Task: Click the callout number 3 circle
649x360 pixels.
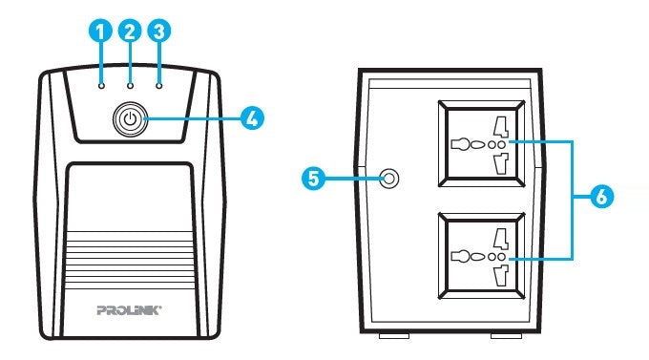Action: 158,31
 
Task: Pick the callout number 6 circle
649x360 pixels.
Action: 600,198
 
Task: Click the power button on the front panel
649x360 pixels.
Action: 130,119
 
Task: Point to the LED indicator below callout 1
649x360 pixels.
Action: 101,84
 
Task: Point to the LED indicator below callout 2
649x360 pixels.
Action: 130,84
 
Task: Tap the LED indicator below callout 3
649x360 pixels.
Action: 158,84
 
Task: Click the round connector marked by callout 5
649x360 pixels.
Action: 388,179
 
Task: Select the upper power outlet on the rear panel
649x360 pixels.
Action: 483,144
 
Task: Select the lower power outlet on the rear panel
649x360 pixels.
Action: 483,257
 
